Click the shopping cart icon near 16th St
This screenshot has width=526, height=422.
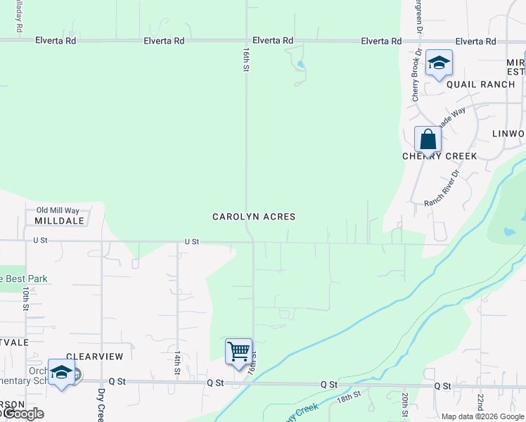[x=238, y=350]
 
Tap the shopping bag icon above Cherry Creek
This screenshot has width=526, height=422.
[x=428, y=139]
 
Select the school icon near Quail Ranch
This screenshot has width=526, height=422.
[x=439, y=63]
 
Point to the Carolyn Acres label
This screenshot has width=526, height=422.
[x=254, y=217]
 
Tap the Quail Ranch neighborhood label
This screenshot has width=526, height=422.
[x=481, y=84]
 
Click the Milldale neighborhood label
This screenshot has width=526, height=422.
[x=59, y=220]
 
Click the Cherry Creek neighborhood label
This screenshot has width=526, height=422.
[x=440, y=156]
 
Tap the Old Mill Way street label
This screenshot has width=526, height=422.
[x=58, y=210]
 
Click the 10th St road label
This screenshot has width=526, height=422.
[x=25, y=298]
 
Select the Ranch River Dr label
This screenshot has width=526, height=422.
[x=441, y=188]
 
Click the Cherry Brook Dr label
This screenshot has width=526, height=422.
[x=416, y=75]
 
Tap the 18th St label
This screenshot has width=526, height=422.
[x=348, y=398]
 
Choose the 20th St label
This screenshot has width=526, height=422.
[x=405, y=404]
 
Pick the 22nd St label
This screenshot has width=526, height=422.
[x=480, y=404]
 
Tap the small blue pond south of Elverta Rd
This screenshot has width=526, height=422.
[x=301, y=65]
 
